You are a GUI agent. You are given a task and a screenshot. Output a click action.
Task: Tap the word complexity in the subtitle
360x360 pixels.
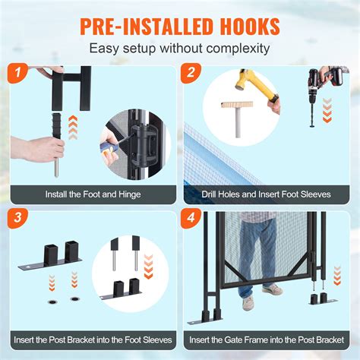(x=235, y=49)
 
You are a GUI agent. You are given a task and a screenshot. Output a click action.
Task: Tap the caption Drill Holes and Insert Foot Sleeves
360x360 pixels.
(x=267, y=194)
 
